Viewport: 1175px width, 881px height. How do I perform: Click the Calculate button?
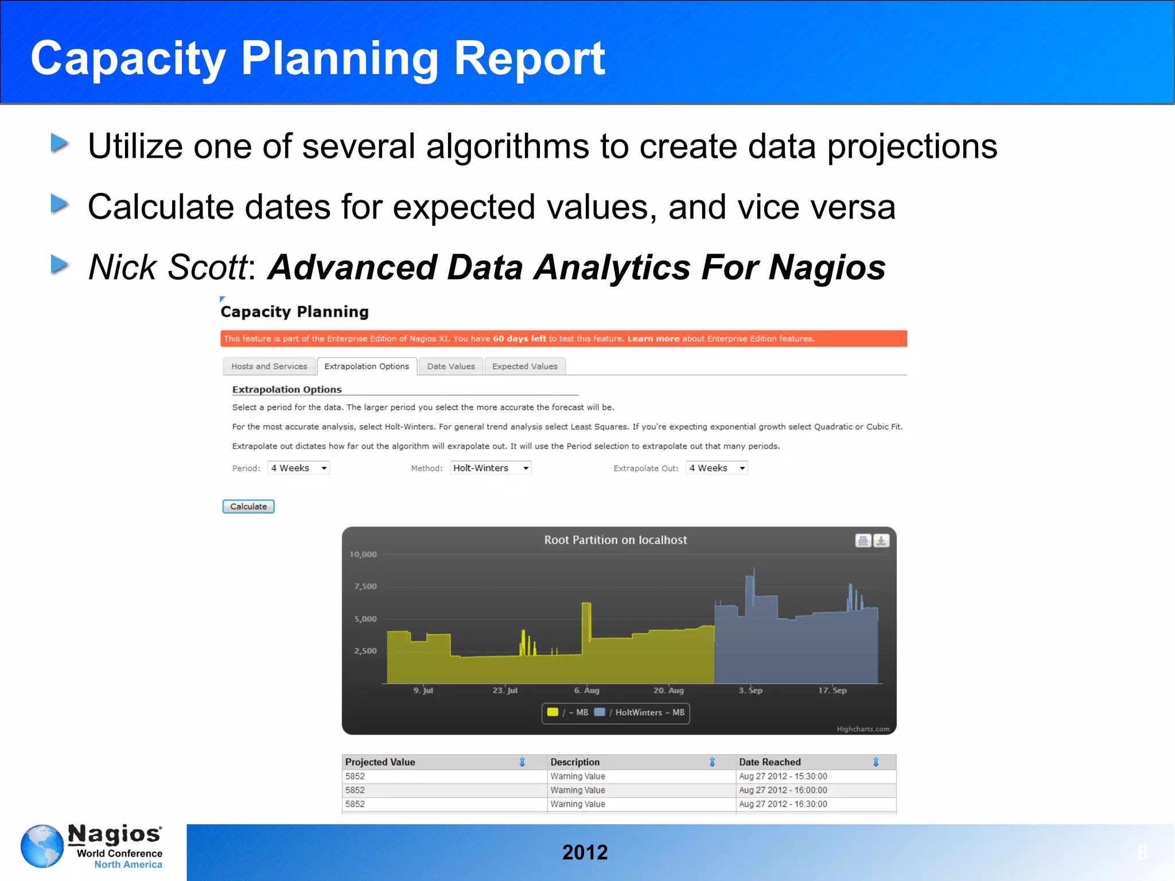click(248, 506)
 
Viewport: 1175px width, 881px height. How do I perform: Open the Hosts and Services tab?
click(269, 366)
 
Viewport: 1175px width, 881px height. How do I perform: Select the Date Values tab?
click(451, 366)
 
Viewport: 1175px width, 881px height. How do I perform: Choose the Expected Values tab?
click(524, 366)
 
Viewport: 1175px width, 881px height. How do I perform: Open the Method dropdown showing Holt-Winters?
click(491, 468)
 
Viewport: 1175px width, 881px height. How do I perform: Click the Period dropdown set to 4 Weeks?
click(299, 468)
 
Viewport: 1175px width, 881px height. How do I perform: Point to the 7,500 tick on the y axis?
click(365, 586)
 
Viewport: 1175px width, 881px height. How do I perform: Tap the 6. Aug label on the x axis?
click(586, 690)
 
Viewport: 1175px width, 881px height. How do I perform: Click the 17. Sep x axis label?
click(832, 690)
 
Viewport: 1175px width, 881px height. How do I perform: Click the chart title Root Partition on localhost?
click(615, 540)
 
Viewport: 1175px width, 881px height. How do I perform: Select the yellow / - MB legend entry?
click(568, 712)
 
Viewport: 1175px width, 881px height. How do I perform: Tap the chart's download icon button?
click(881, 541)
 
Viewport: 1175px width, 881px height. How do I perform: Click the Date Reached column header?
click(769, 762)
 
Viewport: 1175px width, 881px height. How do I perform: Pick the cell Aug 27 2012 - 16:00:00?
click(783, 790)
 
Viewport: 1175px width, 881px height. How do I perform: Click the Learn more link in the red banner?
click(653, 339)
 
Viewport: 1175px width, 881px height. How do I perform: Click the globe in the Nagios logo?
click(42, 846)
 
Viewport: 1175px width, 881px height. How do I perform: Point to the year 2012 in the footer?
click(585, 852)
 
